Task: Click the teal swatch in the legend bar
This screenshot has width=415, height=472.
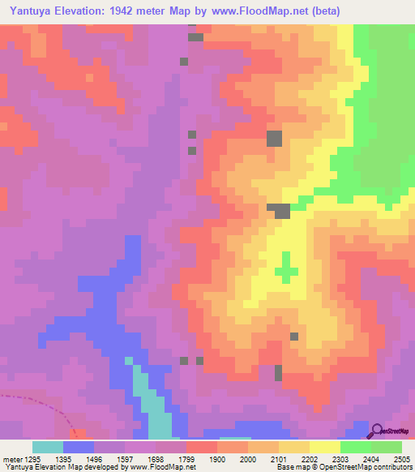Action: tap(47, 447)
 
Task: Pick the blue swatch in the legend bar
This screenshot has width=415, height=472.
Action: tap(78, 447)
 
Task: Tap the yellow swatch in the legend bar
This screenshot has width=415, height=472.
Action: tap(324, 447)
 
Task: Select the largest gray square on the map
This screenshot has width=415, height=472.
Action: tap(275, 139)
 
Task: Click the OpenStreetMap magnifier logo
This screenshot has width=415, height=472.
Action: tap(378, 431)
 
